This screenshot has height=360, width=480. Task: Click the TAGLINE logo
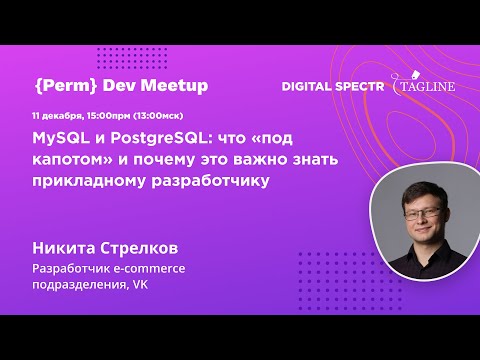[427, 87]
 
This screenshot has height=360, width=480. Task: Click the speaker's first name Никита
[67, 246]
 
